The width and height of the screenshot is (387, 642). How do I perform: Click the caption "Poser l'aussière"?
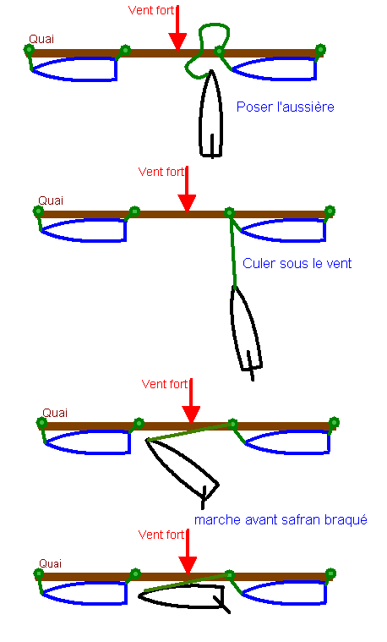tap(285, 107)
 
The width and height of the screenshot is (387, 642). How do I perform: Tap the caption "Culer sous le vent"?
tap(297, 263)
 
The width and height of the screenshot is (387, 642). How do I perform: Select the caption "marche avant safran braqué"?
tap(281, 520)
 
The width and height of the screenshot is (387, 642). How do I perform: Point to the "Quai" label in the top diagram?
tap(41, 39)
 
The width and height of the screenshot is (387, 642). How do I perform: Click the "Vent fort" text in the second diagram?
tap(161, 172)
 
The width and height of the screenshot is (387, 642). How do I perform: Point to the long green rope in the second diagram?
tap(232, 250)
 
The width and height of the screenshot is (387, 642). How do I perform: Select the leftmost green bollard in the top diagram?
tap(29, 50)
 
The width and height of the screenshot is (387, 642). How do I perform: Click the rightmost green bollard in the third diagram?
tap(334, 422)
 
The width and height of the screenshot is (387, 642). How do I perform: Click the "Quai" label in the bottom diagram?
tap(51, 564)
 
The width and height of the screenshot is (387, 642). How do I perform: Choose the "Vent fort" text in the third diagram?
tap(165, 385)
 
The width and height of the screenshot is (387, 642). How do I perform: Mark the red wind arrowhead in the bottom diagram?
tap(188, 566)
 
